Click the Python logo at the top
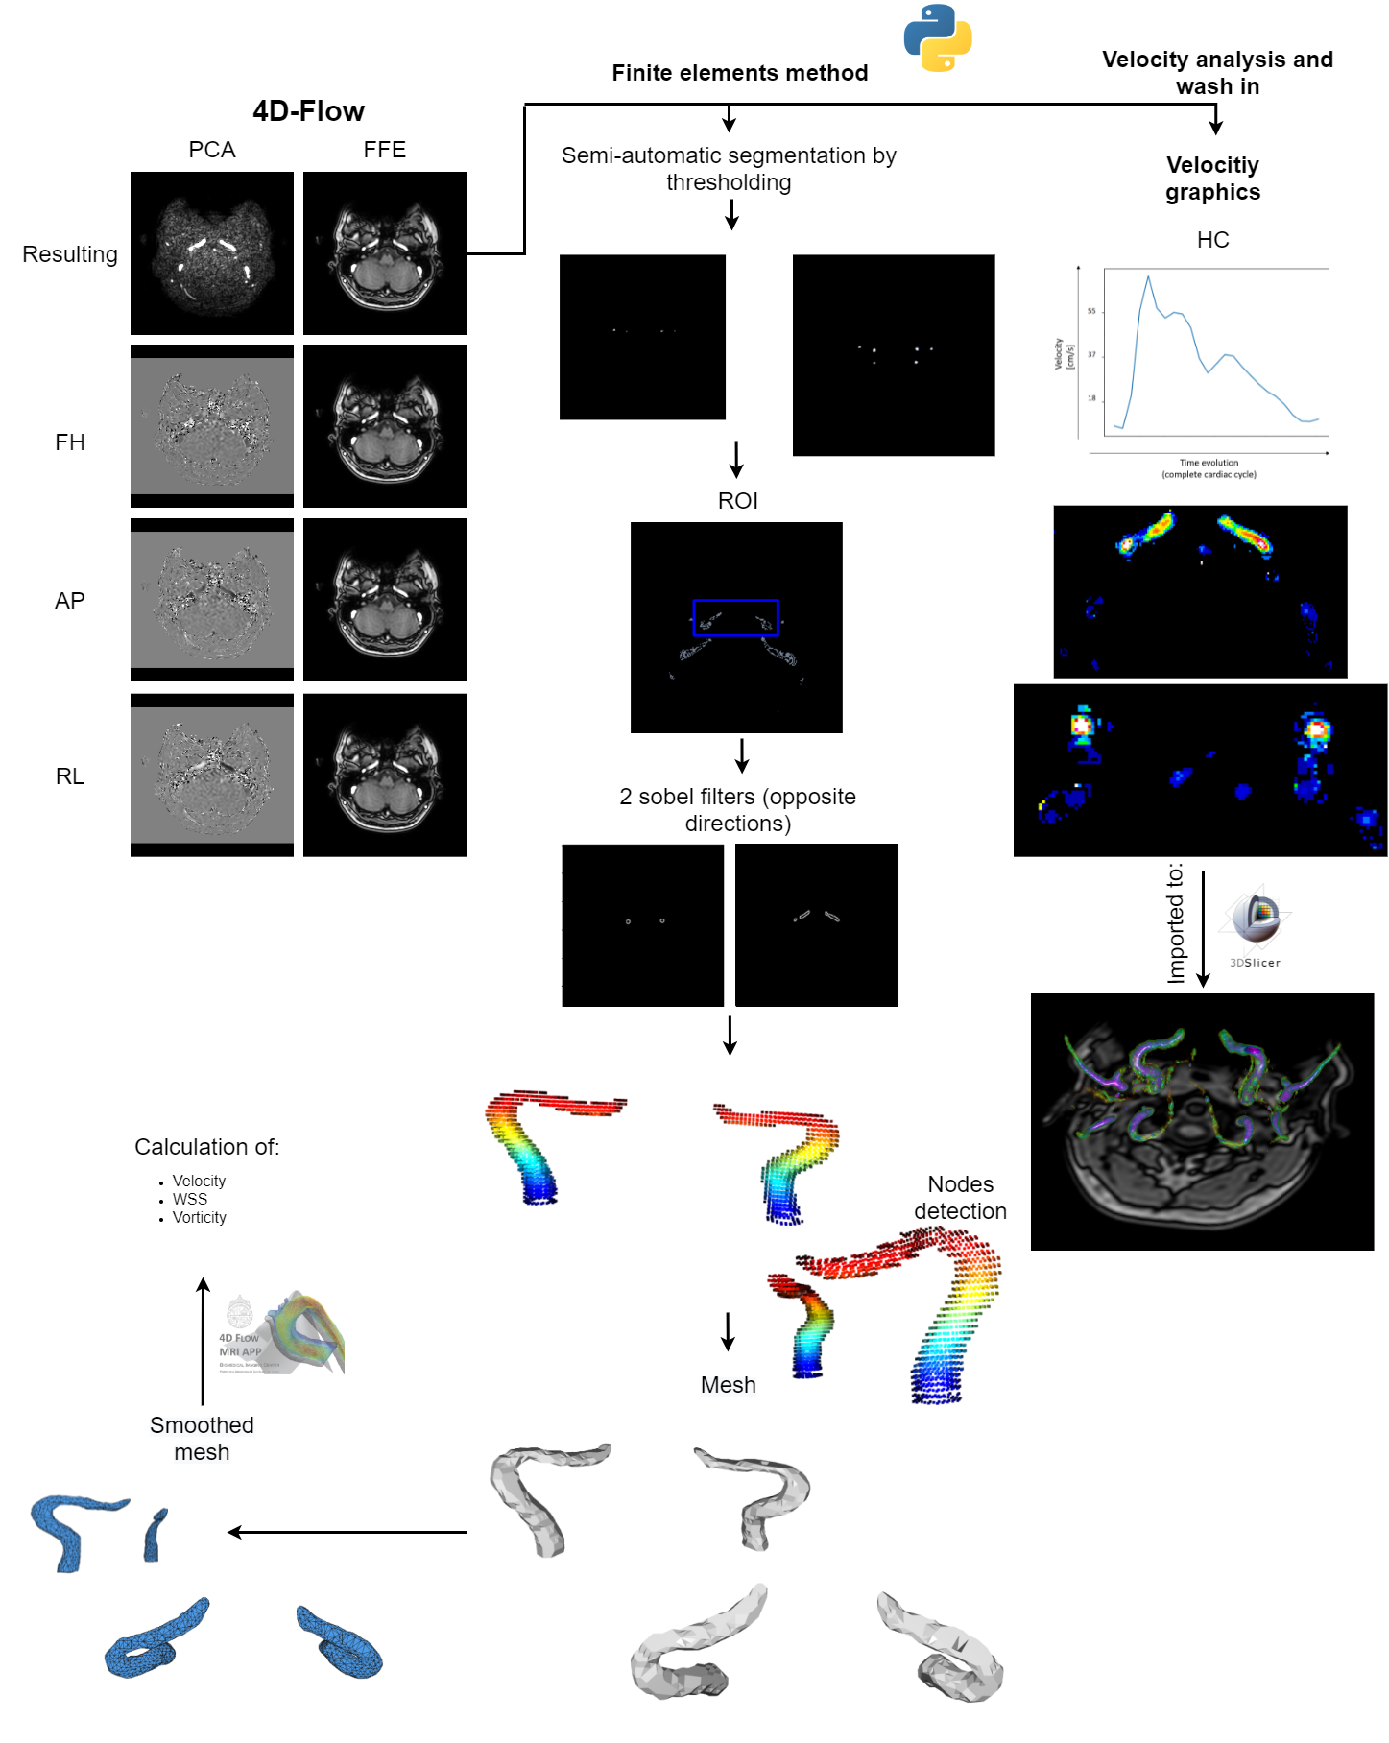pos(938,37)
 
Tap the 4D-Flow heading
pos(308,111)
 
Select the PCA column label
pos(212,150)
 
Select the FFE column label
pos(384,150)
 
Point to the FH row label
pos(70,442)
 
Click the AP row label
pos(70,601)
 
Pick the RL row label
pos(70,776)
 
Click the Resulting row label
pos(70,254)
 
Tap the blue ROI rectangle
pos(735,602)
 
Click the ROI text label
pos(737,501)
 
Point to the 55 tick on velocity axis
pos(1091,311)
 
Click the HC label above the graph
pos(1212,240)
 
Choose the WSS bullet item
pos(190,1199)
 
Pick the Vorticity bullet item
pos(199,1217)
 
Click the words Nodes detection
pos(960,1198)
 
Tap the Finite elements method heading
pos(739,73)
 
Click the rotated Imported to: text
pos(1176,923)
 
